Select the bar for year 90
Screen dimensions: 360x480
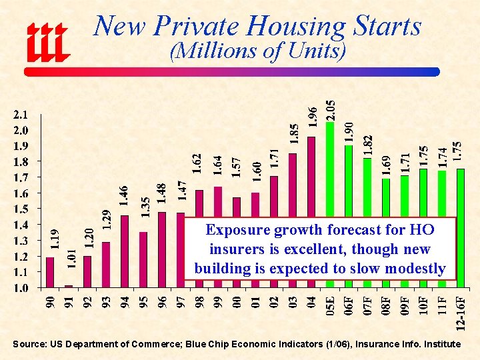point(50,273)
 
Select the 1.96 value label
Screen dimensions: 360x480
point(312,117)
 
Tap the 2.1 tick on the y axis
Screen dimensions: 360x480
point(22,114)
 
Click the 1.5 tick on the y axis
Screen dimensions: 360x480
point(22,209)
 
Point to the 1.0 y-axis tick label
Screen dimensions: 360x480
point(22,289)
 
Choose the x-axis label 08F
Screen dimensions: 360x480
point(386,308)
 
